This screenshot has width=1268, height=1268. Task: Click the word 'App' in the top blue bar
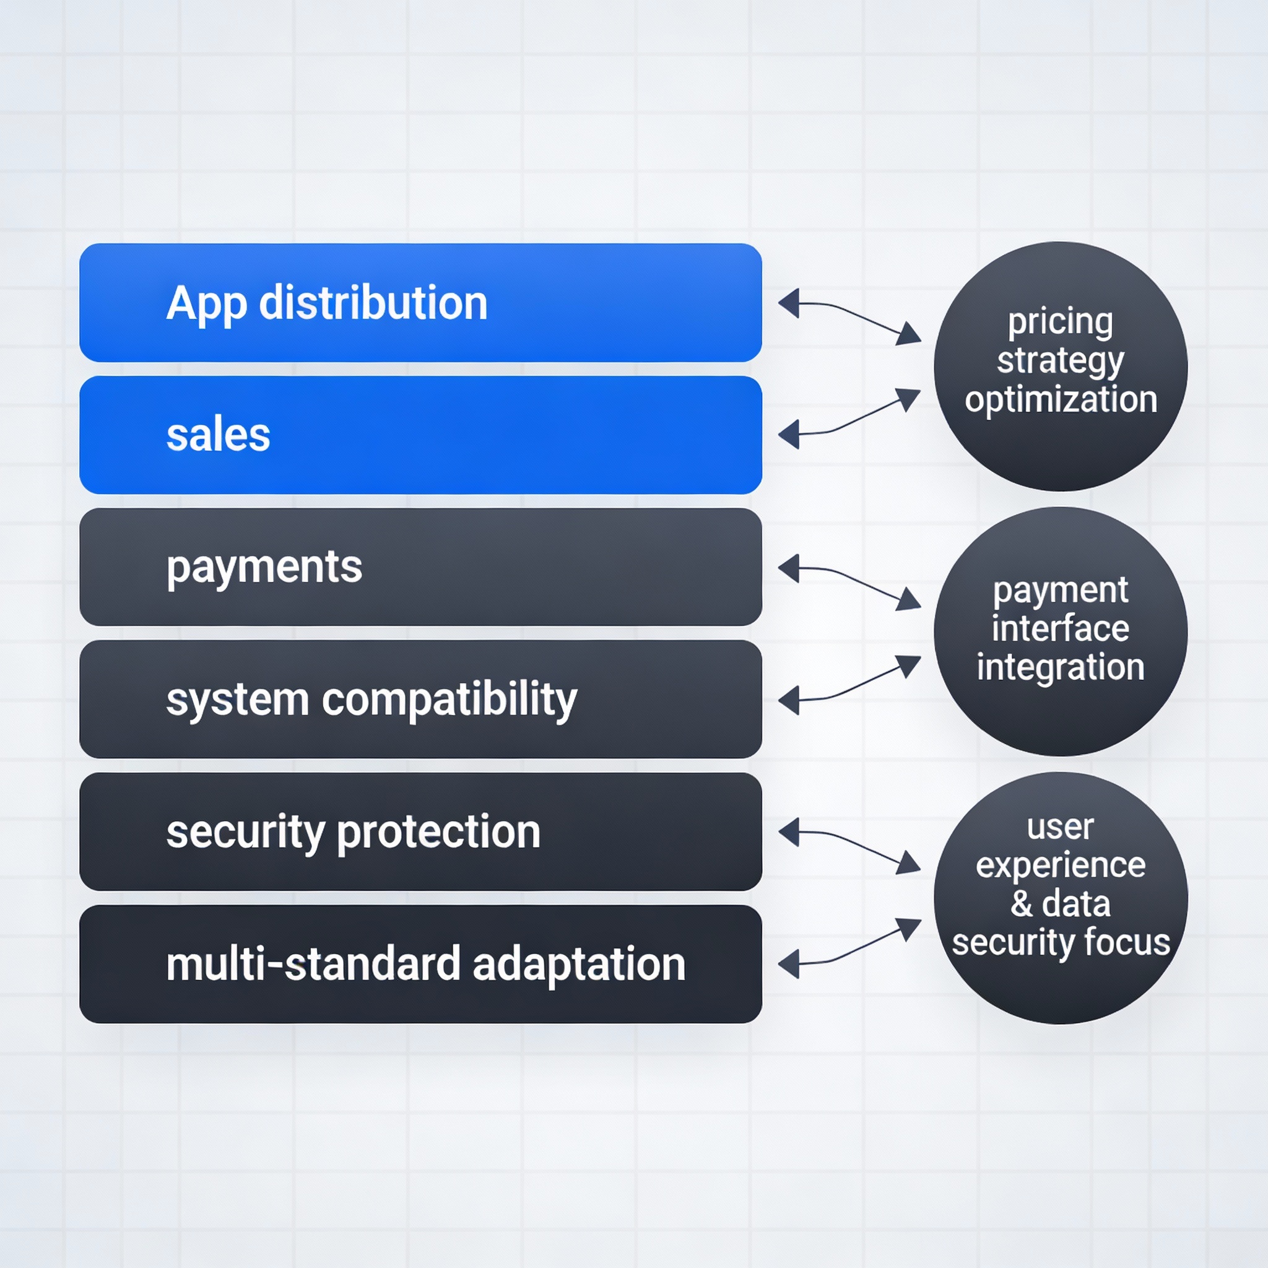[207, 305]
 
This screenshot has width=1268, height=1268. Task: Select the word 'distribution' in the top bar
[373, 303]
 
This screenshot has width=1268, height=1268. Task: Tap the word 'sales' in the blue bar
[218, 435]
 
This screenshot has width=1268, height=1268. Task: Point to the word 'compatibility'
[449, 700]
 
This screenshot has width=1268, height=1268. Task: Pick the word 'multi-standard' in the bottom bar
[314, 964]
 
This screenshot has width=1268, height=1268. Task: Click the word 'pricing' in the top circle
[1061, 323]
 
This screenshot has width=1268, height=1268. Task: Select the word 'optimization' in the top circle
[1061, 401]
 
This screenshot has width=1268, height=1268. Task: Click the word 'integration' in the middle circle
[1061, 668]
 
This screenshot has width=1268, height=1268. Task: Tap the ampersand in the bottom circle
[1021, 904]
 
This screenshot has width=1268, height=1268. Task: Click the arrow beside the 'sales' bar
[849, 419]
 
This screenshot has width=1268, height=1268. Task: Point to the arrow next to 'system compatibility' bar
[849, 685]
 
